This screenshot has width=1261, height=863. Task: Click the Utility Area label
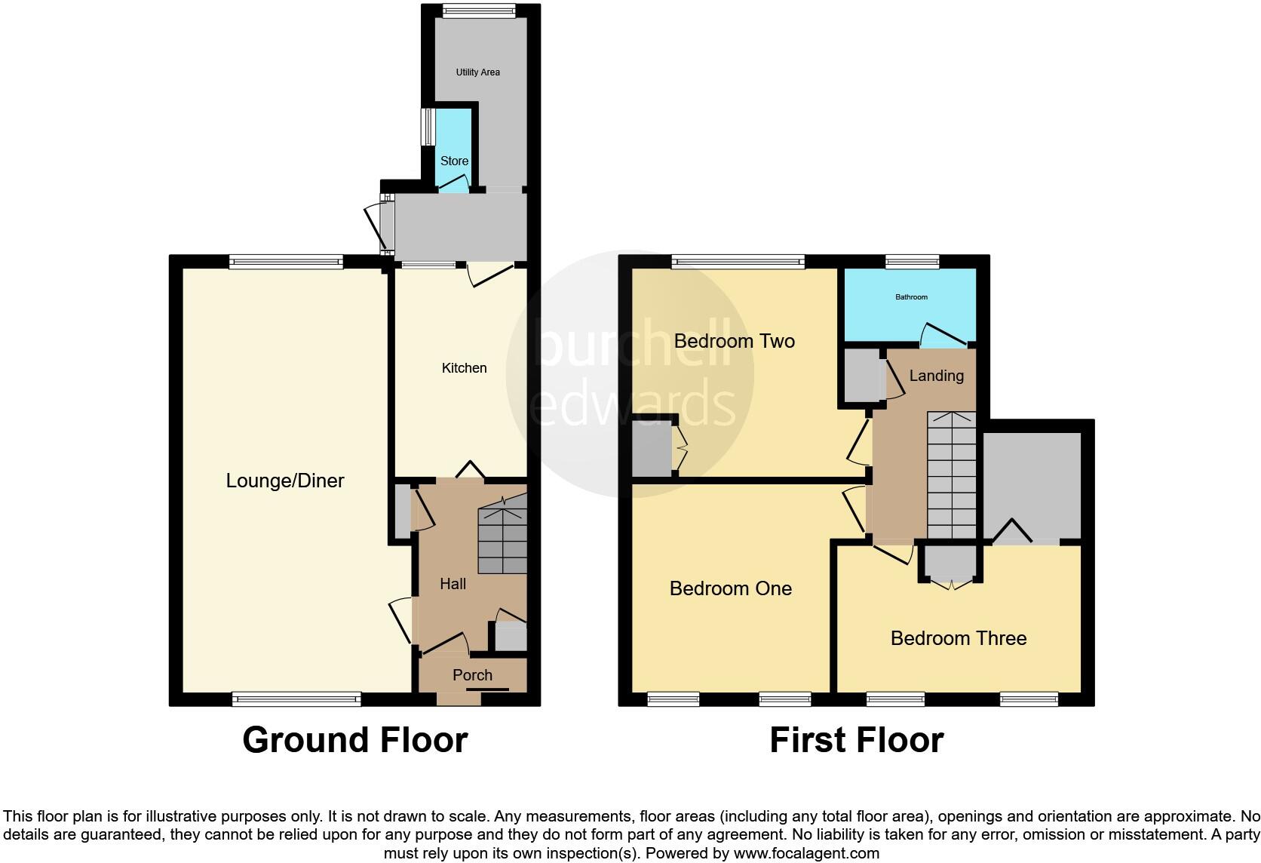tap(477, 72)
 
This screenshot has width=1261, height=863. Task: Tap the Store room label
tap(454, 161)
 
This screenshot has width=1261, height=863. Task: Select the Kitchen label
tap(464, 368)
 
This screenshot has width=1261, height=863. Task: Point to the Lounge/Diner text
tap(285, 481)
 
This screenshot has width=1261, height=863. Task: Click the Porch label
tap(472, 675)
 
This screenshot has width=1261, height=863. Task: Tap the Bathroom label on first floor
tap(911, 297)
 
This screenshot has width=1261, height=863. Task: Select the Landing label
tap(936, 376)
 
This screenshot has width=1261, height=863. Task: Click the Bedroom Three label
tap(958, 638)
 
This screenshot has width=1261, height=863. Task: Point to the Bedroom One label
tap(730, 588)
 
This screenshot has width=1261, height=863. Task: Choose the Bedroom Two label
tap(734, 341)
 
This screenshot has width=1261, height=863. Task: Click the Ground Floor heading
tap(354, 740)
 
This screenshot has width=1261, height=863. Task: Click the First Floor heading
tap(856, 740)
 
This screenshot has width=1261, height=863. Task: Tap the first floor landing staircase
tap(951, 475)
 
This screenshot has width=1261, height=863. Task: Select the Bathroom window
tap(912, 262)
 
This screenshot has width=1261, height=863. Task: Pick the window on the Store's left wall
tap(427, 127)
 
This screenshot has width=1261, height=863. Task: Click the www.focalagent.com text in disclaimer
tap(806, 854)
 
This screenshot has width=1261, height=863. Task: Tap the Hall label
tap(453, 584)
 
